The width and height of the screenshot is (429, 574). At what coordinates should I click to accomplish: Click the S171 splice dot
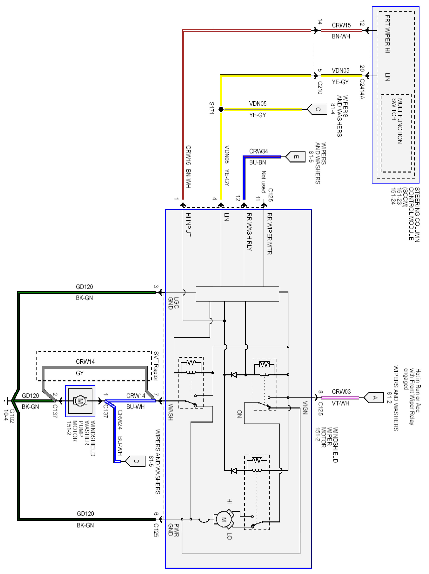(x=221, y=109)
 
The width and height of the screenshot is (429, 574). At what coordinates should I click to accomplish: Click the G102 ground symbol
(x=6, y=401)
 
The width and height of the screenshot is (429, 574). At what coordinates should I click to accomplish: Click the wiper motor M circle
(x=224, y=519)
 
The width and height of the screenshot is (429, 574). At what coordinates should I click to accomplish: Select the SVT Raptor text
(x=156, y=366)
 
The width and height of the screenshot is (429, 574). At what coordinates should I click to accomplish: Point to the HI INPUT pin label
(x=188, y=224)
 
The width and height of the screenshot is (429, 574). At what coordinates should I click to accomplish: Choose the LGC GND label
(x=173, y=303)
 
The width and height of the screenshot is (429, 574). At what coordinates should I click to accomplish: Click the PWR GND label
(x=173, y=530)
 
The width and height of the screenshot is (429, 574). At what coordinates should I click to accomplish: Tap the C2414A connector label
(x=362, y=89)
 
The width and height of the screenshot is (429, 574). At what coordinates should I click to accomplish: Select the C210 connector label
(x=320, y=88)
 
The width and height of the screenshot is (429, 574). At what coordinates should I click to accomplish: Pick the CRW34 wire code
(x=258, y=151)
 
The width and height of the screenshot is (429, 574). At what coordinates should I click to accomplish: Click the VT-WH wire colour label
(x=340, y=403)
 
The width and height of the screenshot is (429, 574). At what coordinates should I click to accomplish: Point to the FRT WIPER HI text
(x=387, y=34)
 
